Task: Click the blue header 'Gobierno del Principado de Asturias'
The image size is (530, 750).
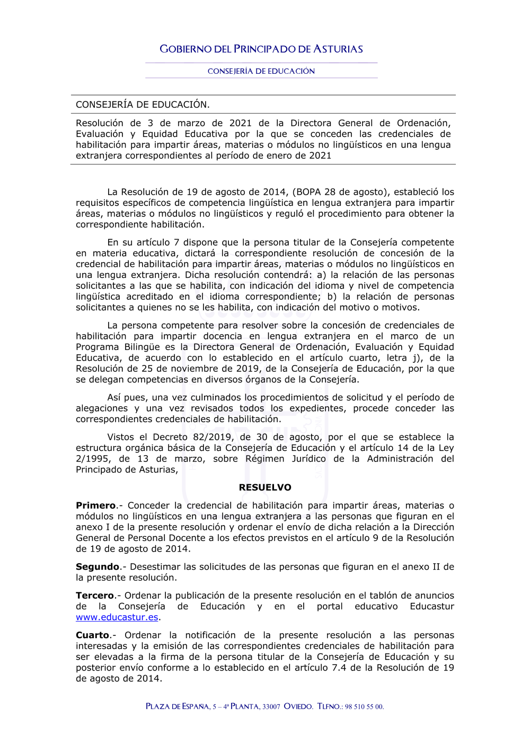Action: coord(261,49)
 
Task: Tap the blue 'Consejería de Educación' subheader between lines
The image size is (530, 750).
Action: coord(261,71)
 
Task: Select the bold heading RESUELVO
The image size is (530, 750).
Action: coord(265,487)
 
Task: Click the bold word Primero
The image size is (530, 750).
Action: coord(96,505)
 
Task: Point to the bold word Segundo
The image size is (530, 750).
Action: coord(98,566)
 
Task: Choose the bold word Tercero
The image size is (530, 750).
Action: coord(95,596)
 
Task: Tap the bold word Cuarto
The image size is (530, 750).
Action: coord(93,635)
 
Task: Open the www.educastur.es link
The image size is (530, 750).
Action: coord(117,617)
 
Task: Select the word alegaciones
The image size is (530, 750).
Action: coord(102,408)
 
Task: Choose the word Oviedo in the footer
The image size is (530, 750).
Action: coord(298,707)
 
